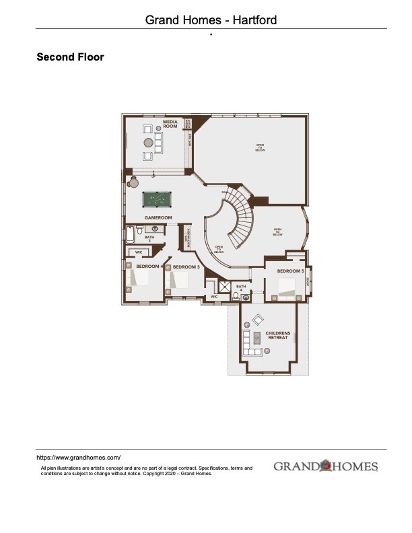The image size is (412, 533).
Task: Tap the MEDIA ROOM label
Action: (170, 124)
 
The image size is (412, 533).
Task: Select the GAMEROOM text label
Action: (159, 218)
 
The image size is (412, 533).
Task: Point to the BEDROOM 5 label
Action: (291, 271)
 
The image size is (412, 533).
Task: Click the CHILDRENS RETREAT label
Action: (277, 335)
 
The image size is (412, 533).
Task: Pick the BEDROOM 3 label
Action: (186, 267)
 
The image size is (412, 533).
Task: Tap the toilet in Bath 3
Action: (140, 231)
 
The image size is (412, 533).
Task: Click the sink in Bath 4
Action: (246, 296)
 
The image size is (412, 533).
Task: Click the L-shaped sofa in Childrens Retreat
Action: (250, 343)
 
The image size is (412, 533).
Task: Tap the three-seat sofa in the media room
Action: (158, 141)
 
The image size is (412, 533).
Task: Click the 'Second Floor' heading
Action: (70, 57)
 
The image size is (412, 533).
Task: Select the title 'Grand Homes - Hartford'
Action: (211, 20)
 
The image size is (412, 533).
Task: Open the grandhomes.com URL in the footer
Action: (78, 457)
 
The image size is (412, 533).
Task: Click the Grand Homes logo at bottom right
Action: (326, 466)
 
